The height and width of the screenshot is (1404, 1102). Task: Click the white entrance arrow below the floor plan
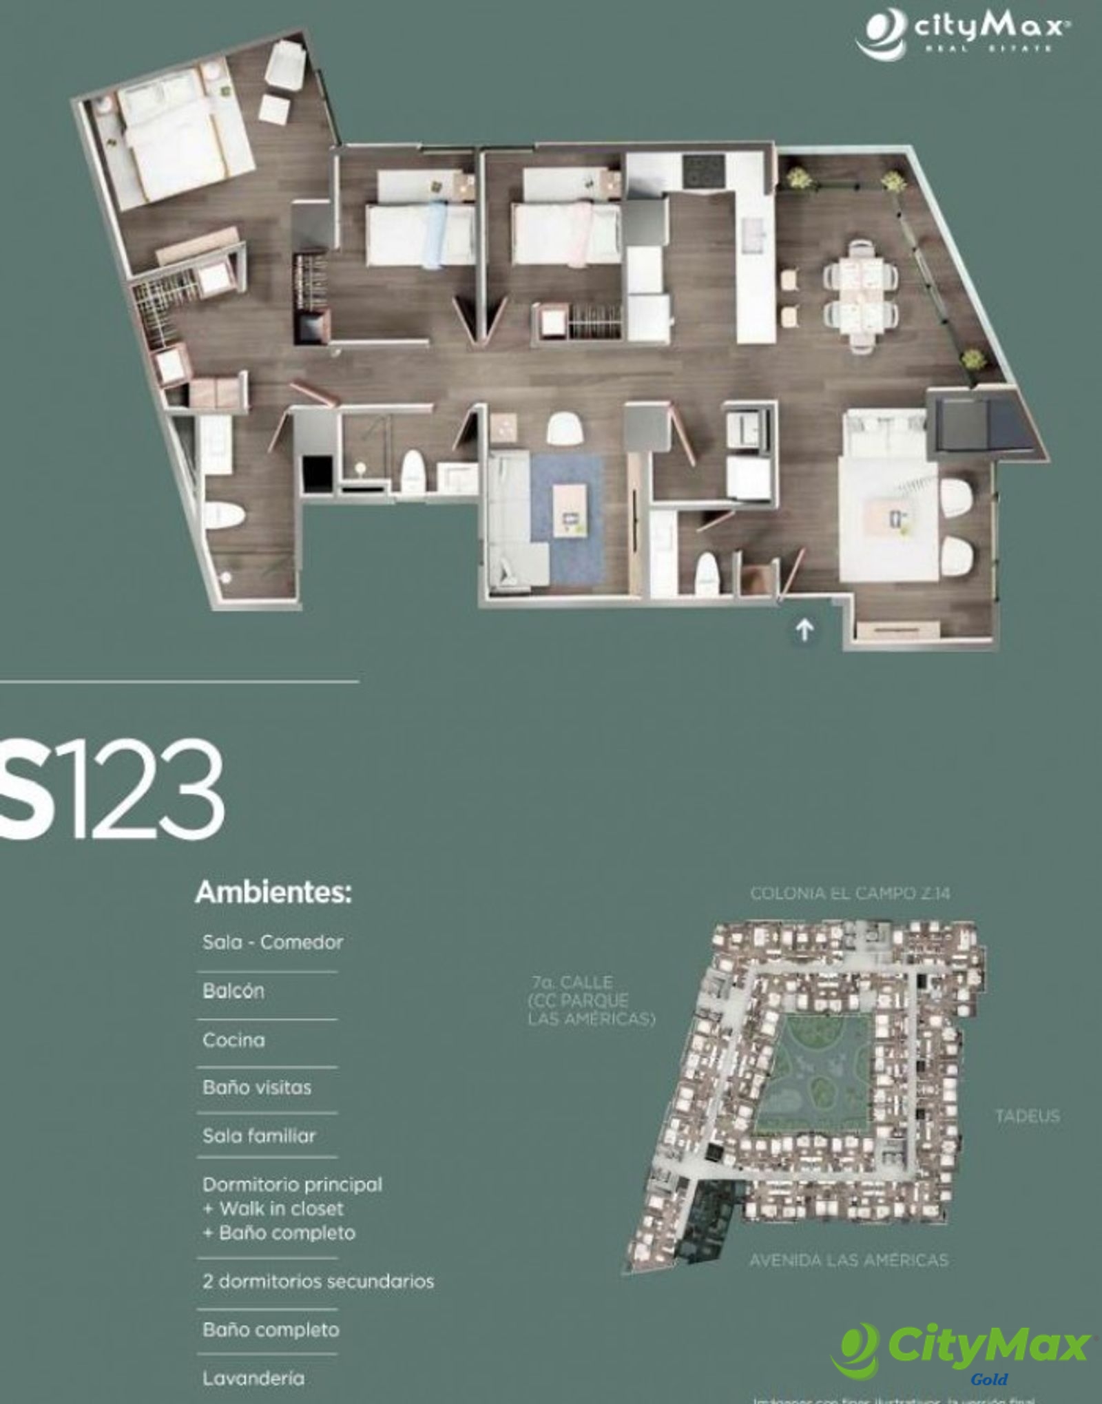point(804,629)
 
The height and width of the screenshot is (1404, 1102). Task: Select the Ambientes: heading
point(273,893)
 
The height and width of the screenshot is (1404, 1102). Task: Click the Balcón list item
point(233,991)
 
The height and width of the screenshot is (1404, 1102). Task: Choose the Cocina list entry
point(233,1040)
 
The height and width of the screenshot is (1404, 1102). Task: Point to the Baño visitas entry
point(257,1088)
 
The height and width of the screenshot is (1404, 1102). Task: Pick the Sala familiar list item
point(259,1136)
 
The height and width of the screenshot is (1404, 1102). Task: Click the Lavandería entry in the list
point(253,1378)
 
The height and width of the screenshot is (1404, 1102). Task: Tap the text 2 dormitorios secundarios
point(318,1281)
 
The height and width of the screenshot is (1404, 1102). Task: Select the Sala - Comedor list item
point(273,942)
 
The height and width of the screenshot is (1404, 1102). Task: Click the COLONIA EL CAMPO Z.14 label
point(850,894)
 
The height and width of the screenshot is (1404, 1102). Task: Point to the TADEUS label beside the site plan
point(1027,1115)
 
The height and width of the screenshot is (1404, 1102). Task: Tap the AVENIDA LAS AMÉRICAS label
point(849,1260)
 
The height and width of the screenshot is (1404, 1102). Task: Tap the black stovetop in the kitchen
point(703,170)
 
